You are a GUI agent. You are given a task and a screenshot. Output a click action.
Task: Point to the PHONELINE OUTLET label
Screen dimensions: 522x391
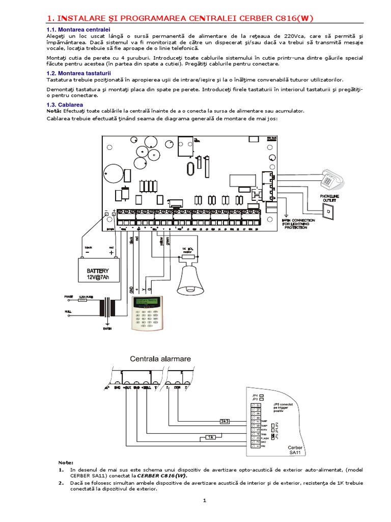(x=329, y=198)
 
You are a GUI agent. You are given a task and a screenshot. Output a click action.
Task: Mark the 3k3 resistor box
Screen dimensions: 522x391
(x=225, y=422)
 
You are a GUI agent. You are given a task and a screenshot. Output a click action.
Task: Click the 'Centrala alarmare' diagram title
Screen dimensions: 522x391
(x=160, y=358)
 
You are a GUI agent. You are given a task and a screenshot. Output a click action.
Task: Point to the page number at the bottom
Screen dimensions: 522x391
(x=204, y=501)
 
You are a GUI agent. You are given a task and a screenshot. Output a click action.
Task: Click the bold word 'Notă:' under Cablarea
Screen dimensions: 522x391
(x=54, y=111)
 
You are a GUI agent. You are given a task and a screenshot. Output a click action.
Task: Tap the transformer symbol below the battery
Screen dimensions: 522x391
(x=107, y=308)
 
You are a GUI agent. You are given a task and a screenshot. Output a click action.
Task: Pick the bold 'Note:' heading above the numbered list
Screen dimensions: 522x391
(x=66, y=462)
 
